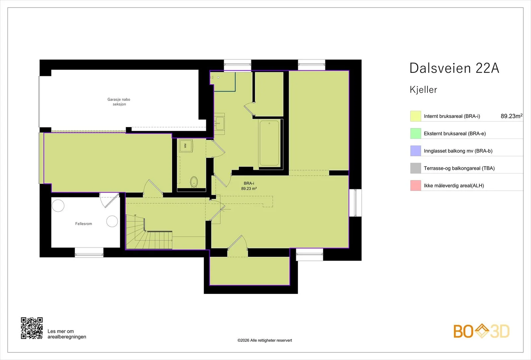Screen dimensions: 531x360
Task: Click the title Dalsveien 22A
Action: [454, 68]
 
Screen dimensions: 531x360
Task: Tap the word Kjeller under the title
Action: [423, 90]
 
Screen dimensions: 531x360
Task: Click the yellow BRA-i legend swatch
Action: [416, 116]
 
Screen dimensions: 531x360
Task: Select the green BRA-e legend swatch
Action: [416, 133]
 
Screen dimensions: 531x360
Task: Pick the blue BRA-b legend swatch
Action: [416, 151]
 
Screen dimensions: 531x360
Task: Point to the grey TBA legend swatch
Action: [416, 168]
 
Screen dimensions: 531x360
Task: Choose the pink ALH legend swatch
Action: [416, 185]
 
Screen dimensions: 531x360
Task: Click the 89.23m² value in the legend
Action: [511, 116]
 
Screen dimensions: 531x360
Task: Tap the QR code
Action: [32, 328]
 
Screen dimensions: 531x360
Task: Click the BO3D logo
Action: [482, 331]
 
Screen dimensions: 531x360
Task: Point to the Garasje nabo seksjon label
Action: [119, 102]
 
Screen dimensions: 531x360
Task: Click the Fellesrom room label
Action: [83, 224]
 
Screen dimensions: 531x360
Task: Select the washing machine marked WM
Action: [186, 146]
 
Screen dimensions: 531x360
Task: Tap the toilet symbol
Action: [194, 182]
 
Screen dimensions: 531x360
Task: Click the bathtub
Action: [269, 143]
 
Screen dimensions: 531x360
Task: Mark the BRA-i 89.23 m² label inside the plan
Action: [249, 186]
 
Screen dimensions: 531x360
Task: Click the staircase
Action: [149, 232]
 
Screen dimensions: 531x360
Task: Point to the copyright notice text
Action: [265, 340]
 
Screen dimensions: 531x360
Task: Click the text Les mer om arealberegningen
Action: [67, 334]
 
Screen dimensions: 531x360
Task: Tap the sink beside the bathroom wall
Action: [219, 123]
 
